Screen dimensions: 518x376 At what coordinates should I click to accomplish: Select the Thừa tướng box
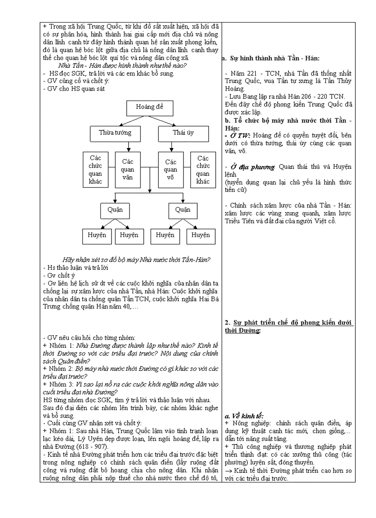pyautogui.click(x=115, y=133)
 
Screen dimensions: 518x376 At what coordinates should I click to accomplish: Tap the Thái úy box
pyautogui.click(x=183, y=133)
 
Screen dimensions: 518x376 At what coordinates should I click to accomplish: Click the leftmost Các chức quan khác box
pyautogui.click(x=95, y=169)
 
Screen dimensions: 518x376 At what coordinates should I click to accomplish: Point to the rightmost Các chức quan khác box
pyautogui.click(x=203, y=169)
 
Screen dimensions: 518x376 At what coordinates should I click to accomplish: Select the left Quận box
pyautogui.click(x=115, y=210)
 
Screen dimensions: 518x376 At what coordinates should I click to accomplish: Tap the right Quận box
pyautogui.click(x=182, y=210)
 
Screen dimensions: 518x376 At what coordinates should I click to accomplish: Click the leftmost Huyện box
pyautogui.click(x=97, y=235)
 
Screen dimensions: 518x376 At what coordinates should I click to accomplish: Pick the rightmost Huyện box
pyautogui.click(x=200, y=235)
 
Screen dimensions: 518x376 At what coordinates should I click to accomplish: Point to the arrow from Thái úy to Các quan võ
pyautogui.click(x=170, y=147)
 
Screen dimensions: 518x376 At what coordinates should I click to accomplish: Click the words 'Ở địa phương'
pyautogui.click(x=253, y=167)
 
